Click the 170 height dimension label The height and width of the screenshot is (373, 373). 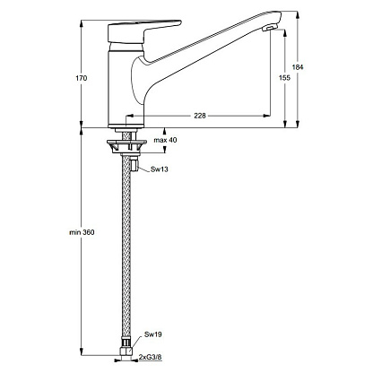[81, 78]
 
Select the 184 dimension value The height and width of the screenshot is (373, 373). [298, 67]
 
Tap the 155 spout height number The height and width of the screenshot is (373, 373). [284, 78]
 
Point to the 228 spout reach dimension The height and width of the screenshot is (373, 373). [200, 116]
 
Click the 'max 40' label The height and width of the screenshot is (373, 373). [165, 140]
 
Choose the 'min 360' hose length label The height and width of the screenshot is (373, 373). [82, 232]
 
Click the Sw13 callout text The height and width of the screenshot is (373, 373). [160, 169]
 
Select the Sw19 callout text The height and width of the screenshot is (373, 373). [152, 334]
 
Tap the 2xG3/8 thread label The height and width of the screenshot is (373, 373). [151, 357]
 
